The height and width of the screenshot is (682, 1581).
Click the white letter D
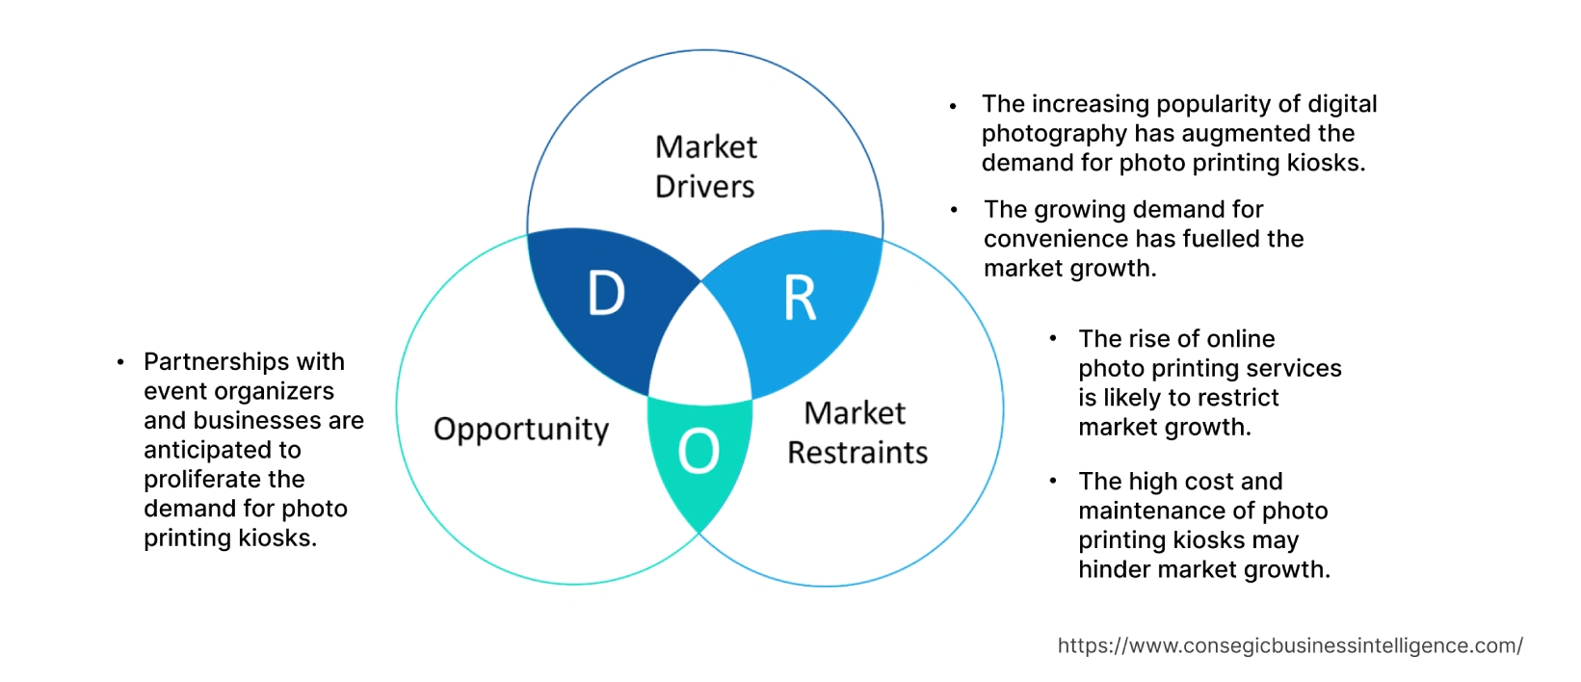click(x=606, y=294)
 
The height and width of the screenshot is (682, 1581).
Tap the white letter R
click(x=800, y=299)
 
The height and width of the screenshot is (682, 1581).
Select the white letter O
click(x=698, y=451)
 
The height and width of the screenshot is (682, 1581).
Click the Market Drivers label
click(x=705, y=167)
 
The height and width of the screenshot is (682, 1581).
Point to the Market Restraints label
click(x=856, y=433)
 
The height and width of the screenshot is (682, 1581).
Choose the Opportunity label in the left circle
click(x=521, y=429)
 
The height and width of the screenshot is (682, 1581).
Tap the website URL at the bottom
click(x=1290, y=645)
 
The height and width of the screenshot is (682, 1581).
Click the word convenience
click(x=1047, y=239)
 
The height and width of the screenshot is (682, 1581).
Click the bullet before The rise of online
click(x=1053, y=339)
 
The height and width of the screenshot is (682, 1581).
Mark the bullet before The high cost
click(x=1053, y=481)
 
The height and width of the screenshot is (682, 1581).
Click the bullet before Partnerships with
click(x=120, y=362)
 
